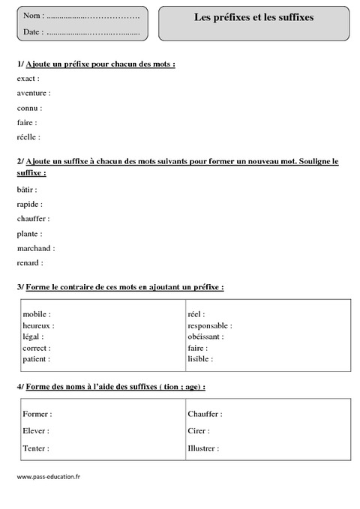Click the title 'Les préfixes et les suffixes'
pos(253,16)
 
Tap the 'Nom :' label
pos(33,16)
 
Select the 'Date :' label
pos(33,31)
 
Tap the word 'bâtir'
pos(25,190)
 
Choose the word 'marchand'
pos(33,248)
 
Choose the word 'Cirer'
pos(196,431)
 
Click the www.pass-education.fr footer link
pos(48,478)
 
